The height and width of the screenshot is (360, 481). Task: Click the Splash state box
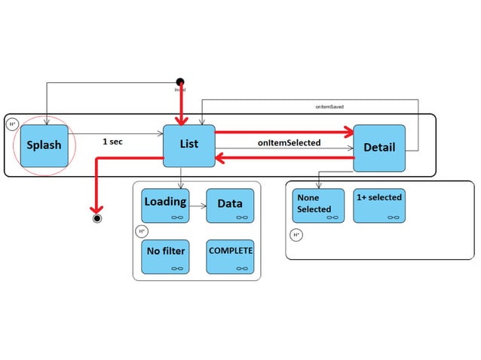click(x=45, y=145)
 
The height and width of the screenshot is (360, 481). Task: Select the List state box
click(x=188, y=145)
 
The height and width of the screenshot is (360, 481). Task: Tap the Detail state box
click(x=379, y=146)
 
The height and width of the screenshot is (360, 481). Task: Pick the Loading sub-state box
click(x=165, y=206)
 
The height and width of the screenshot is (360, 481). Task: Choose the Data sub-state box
click(x=230, y=206)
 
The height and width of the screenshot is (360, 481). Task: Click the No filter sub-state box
click(x=165, y=256)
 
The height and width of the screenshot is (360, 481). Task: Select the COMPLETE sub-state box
click(x=230, y=256)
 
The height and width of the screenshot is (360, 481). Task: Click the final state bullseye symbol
click(x=97, y=218)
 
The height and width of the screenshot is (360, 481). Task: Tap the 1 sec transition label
click(x=113, y=141)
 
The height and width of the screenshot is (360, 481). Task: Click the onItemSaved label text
click(x=329, y=108)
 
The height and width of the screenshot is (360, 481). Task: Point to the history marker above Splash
click(x=13, y=124)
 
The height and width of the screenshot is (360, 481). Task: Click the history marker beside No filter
click(x=141, y=231)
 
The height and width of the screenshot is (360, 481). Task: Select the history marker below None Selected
click(x=296, y=235)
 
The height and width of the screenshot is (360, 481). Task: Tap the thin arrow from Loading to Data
click(x=198, y=204)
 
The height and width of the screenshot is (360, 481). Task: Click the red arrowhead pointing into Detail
click(x=348, y=133)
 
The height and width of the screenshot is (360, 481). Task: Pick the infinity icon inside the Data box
click(x=242, y=217)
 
